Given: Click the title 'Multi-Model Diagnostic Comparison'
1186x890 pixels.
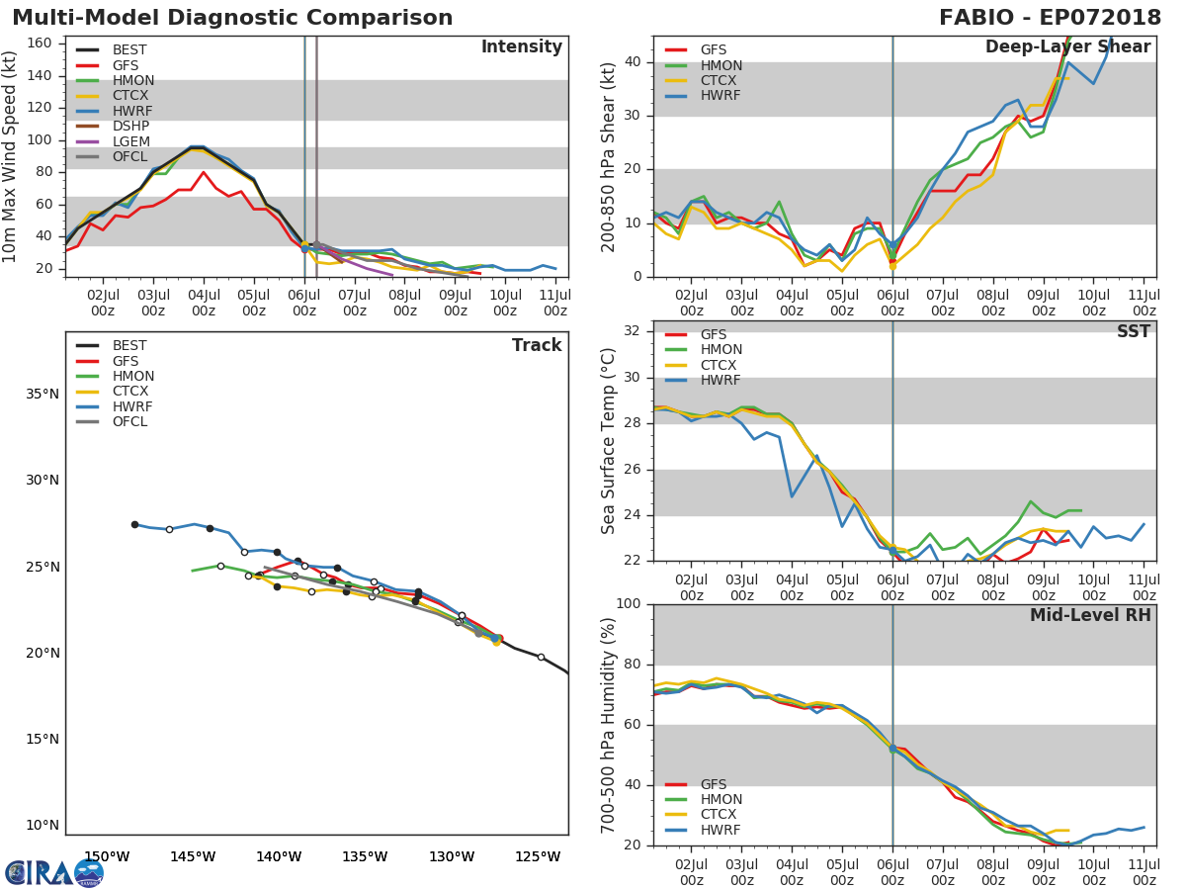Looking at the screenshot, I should click(232, 18).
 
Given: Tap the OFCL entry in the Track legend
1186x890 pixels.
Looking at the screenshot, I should click(129, 422).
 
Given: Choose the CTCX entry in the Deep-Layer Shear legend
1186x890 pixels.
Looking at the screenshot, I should click(720, 81).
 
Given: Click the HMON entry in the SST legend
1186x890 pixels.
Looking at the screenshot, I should click(720, 350).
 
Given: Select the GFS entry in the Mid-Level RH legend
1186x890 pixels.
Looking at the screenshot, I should click(713, 784).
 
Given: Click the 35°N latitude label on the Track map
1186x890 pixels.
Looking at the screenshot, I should click(42, 395).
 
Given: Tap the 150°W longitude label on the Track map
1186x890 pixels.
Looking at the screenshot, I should click(106, 856).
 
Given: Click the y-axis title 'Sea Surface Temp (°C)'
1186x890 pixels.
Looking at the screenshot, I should click(609, 440).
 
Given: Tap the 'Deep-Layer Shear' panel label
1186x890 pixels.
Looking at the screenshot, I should click(1067, 47).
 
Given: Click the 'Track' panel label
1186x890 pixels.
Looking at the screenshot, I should click(536, 345).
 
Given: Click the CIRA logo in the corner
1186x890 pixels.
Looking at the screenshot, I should click(53, 873).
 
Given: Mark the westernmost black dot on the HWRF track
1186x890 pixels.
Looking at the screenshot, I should click(134, 524).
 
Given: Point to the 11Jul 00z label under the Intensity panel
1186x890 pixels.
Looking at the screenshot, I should click(555, 303).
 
